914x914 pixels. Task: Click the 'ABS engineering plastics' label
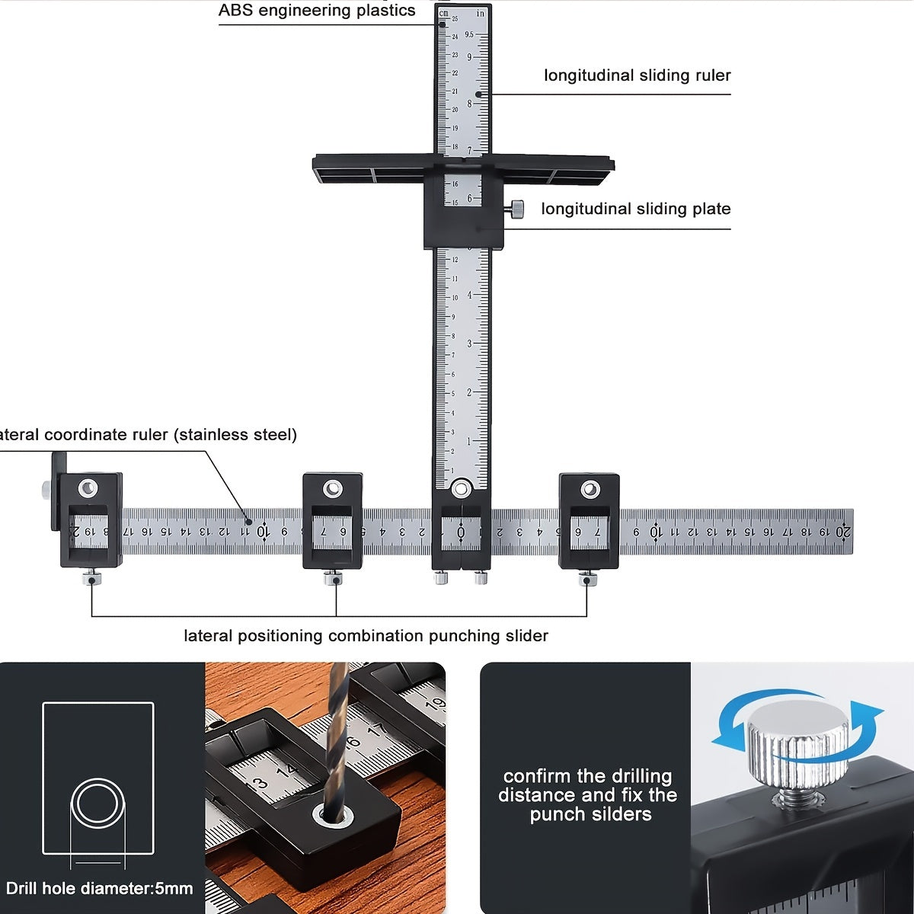pos(317,11)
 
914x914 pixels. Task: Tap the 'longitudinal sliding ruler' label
pos(637,75)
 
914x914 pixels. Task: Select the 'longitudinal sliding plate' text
pos(635,209)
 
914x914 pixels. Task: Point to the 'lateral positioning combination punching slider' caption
pos(366,636)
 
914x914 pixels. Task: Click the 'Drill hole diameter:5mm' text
pos(99,888)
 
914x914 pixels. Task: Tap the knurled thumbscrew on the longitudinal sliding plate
pos(516,209)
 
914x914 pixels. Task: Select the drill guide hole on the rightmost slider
pos(590,489)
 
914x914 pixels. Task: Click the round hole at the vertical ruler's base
pos(461,489)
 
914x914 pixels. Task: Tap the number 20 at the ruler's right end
pos(842,532)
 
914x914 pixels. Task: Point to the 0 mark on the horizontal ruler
pos(461,532)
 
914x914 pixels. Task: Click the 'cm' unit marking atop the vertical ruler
pos(444,13)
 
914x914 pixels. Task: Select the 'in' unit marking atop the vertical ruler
pos(480,13)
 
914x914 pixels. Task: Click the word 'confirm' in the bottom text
pos(537,776)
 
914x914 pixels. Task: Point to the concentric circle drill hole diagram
pos(97,804)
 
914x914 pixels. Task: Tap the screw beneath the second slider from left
pos(333,578)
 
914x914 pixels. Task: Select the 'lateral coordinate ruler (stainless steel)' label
pos(149,435)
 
